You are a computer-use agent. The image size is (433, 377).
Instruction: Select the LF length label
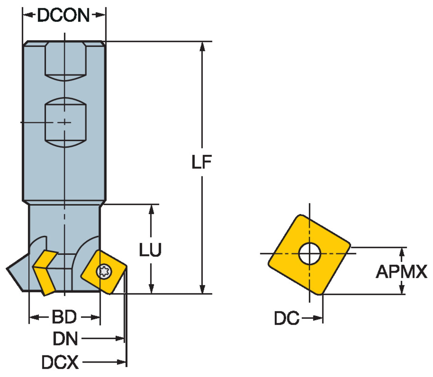coord(202,162)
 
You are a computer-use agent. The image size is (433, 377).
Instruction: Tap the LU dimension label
coord(150,250)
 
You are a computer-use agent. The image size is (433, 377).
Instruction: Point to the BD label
coord(64,317)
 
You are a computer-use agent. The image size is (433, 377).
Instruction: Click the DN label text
coord(66,339)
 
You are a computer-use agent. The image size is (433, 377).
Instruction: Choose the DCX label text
coord(60,362)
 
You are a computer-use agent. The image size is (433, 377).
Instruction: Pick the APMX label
coord(401,272)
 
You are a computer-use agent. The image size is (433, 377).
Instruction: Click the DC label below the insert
coord(286,318)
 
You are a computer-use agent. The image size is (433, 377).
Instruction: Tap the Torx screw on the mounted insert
coord(104,271)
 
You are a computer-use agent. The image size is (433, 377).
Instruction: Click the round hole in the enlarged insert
coord(310,254)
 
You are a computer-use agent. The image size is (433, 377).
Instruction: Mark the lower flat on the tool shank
coord(66,123)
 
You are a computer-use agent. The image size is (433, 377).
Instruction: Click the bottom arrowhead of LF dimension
coord(202,289)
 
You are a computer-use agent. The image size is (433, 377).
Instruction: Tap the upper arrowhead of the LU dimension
coord(151,210)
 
